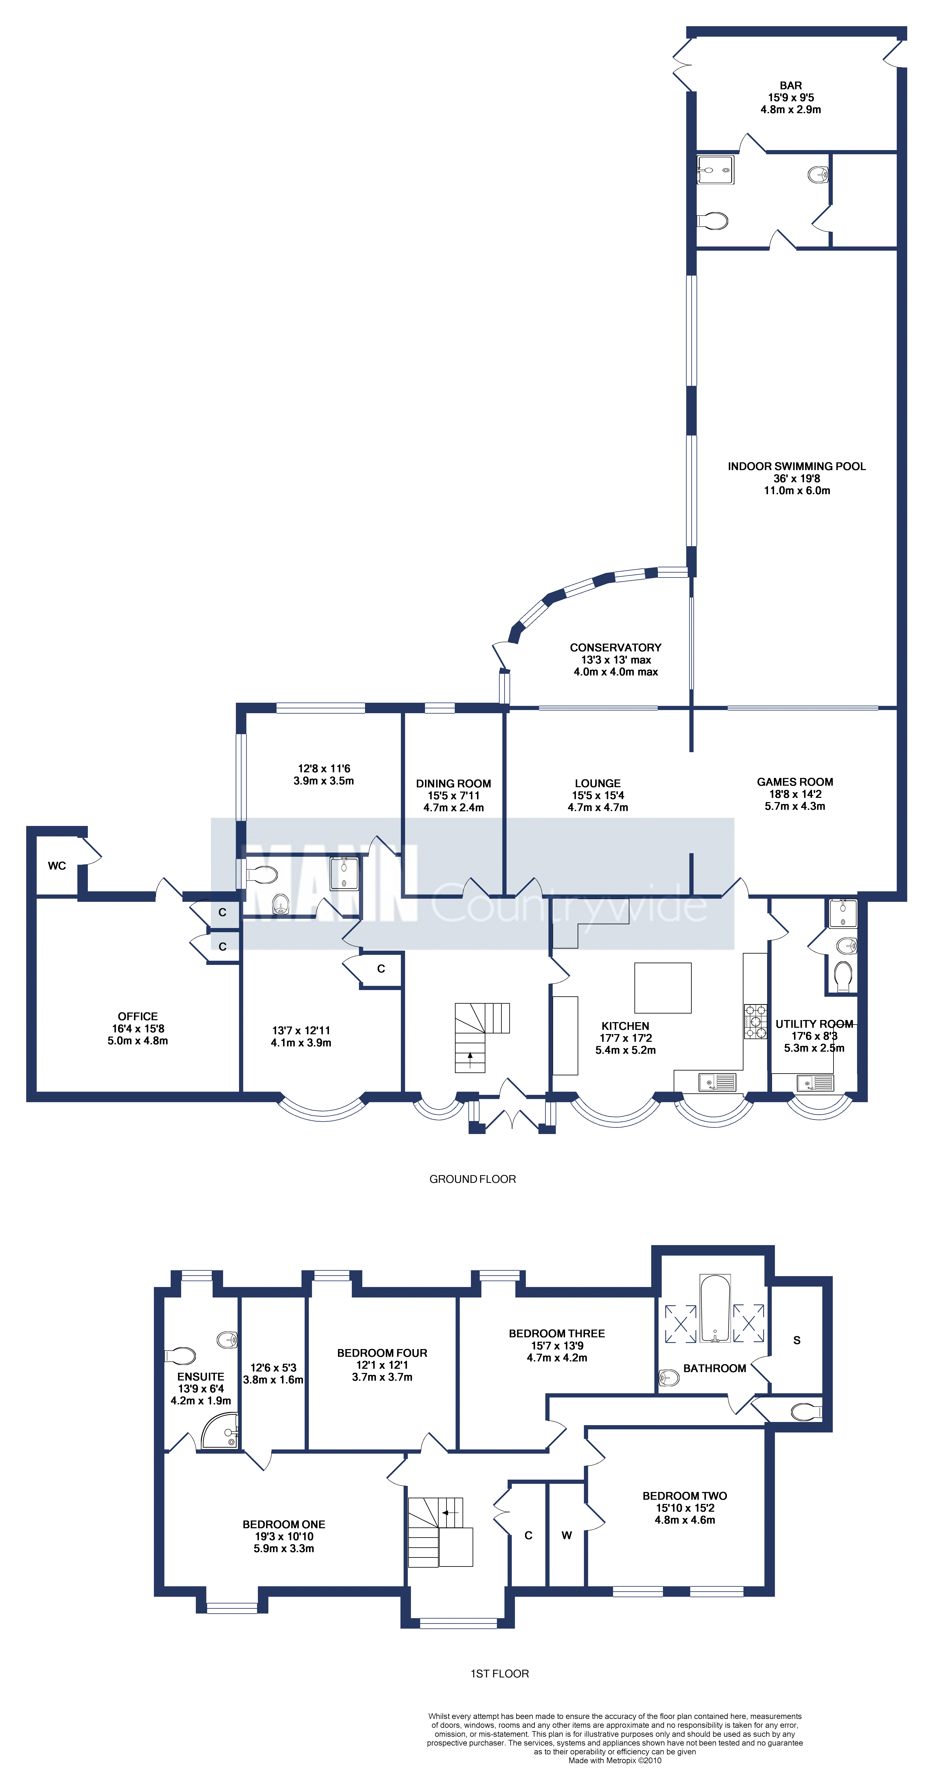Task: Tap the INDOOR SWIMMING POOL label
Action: click(x=796, y=466)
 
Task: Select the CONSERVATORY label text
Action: click(x=615, y=647)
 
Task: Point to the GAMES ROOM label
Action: click(x=795, y=782)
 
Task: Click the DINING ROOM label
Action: click(x=453, y=783)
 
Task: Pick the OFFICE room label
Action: click(x=137, y=1016)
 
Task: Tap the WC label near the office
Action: click(x=57, y=866)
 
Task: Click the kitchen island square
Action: click(x=663, y=988)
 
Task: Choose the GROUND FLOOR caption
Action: click(x=472, y=1179)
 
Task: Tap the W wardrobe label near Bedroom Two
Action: click(x=566, y=1535)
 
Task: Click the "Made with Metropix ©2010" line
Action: click(x=615, y=1760)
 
